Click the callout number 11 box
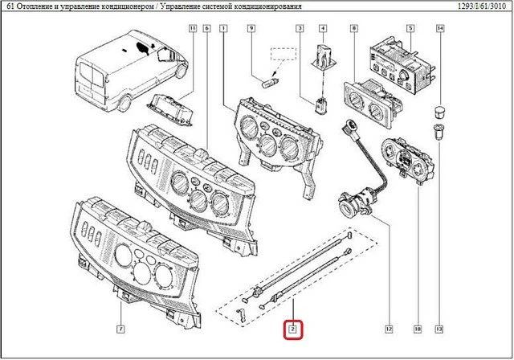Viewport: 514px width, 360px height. [193, 29]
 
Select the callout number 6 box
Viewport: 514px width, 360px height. [206, 29]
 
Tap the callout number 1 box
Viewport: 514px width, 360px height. [222, 29]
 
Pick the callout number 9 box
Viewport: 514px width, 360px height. [251, 29]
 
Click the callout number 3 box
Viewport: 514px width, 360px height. [300, 29]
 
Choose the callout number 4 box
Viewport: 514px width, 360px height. [323, 29]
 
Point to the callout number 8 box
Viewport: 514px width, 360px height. [354, 29]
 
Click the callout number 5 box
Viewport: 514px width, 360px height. [410, 29]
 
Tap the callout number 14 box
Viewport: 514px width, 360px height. [440, 29]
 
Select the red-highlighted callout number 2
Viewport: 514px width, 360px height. [293, 329]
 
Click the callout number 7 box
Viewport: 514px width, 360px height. [120, 329]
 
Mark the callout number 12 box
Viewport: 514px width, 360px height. [388, 329]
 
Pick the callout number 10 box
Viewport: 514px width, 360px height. [418, 329]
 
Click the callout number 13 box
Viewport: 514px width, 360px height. [440, 329]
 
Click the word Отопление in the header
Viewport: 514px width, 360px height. [39, 7]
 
